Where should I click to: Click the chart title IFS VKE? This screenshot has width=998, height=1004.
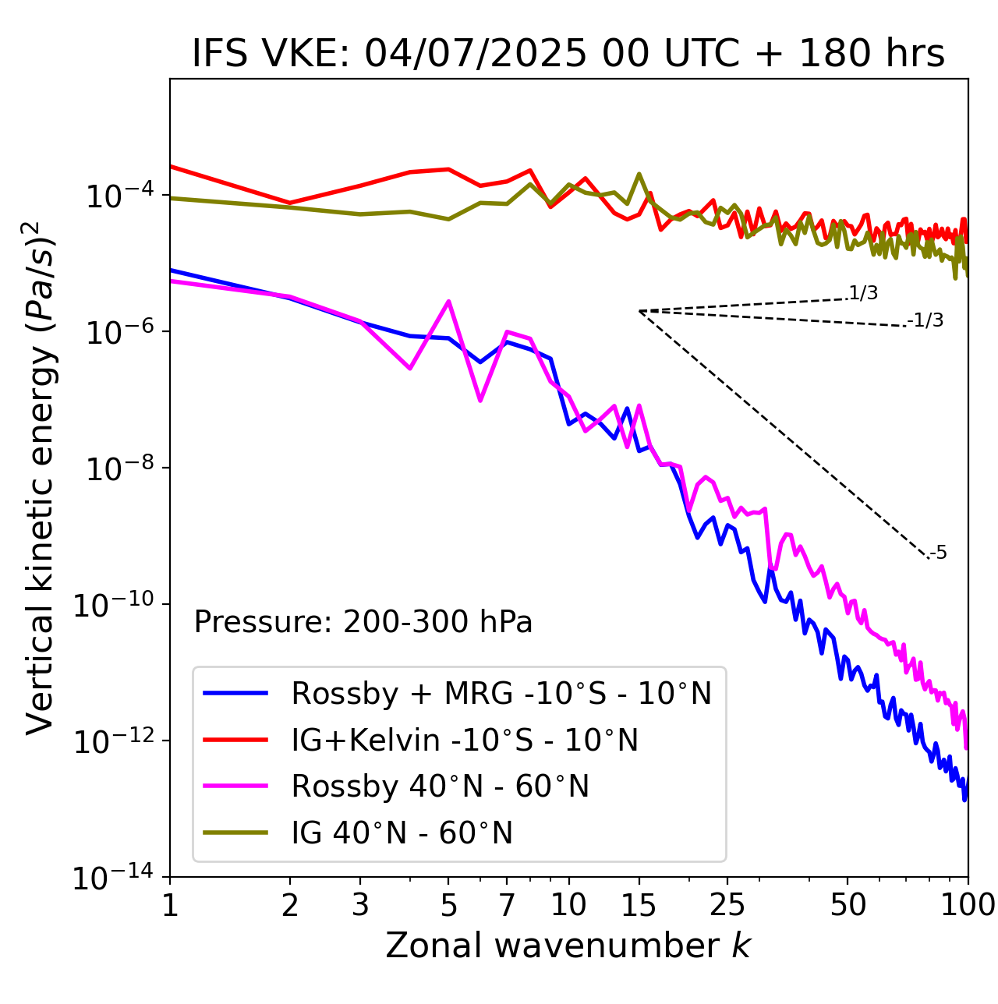pyautogui.click(x=568, y=54)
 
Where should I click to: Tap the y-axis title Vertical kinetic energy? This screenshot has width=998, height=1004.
pyautogui.click(x=41, y=477)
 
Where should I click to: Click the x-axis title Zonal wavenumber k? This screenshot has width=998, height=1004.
pyautogui.click(x=568, y=945)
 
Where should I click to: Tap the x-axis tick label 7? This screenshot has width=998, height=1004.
pyautogui.click(x=507, y=905)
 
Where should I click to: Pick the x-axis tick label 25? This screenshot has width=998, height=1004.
pyautogui.click(x=727, y=905)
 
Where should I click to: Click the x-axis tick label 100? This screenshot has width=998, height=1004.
pyautogui.click(x=968, y=905)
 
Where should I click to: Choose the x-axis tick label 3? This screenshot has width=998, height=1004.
pyautogui.click(x=360, y=905)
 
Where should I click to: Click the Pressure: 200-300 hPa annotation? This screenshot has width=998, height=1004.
pyautogui.click(x=363, y=622)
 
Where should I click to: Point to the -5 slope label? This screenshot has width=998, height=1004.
pyautogui.click(x=938, y=553)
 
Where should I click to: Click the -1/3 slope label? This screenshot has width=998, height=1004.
pyautogui.click(x=926, y=320)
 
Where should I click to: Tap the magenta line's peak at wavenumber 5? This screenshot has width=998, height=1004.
pyautogui.click(x=448, y=301)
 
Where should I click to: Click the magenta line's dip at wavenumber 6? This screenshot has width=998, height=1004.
pyautogui.click(x=480, y=400)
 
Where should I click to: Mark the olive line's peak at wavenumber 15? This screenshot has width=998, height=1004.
pyautogui.click(x=639, y=174)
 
